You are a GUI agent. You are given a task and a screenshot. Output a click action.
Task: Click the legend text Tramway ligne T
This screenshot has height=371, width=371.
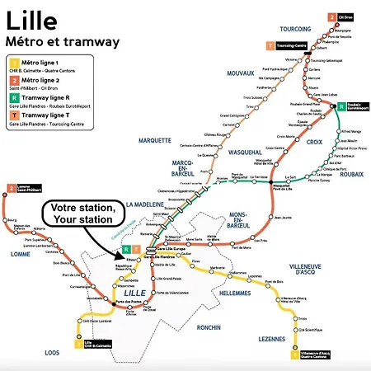pyautogui.click(x=49, y=121)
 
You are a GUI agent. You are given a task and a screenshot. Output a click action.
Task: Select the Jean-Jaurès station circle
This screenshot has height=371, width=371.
pyautogui.click(x=275, y=218)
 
